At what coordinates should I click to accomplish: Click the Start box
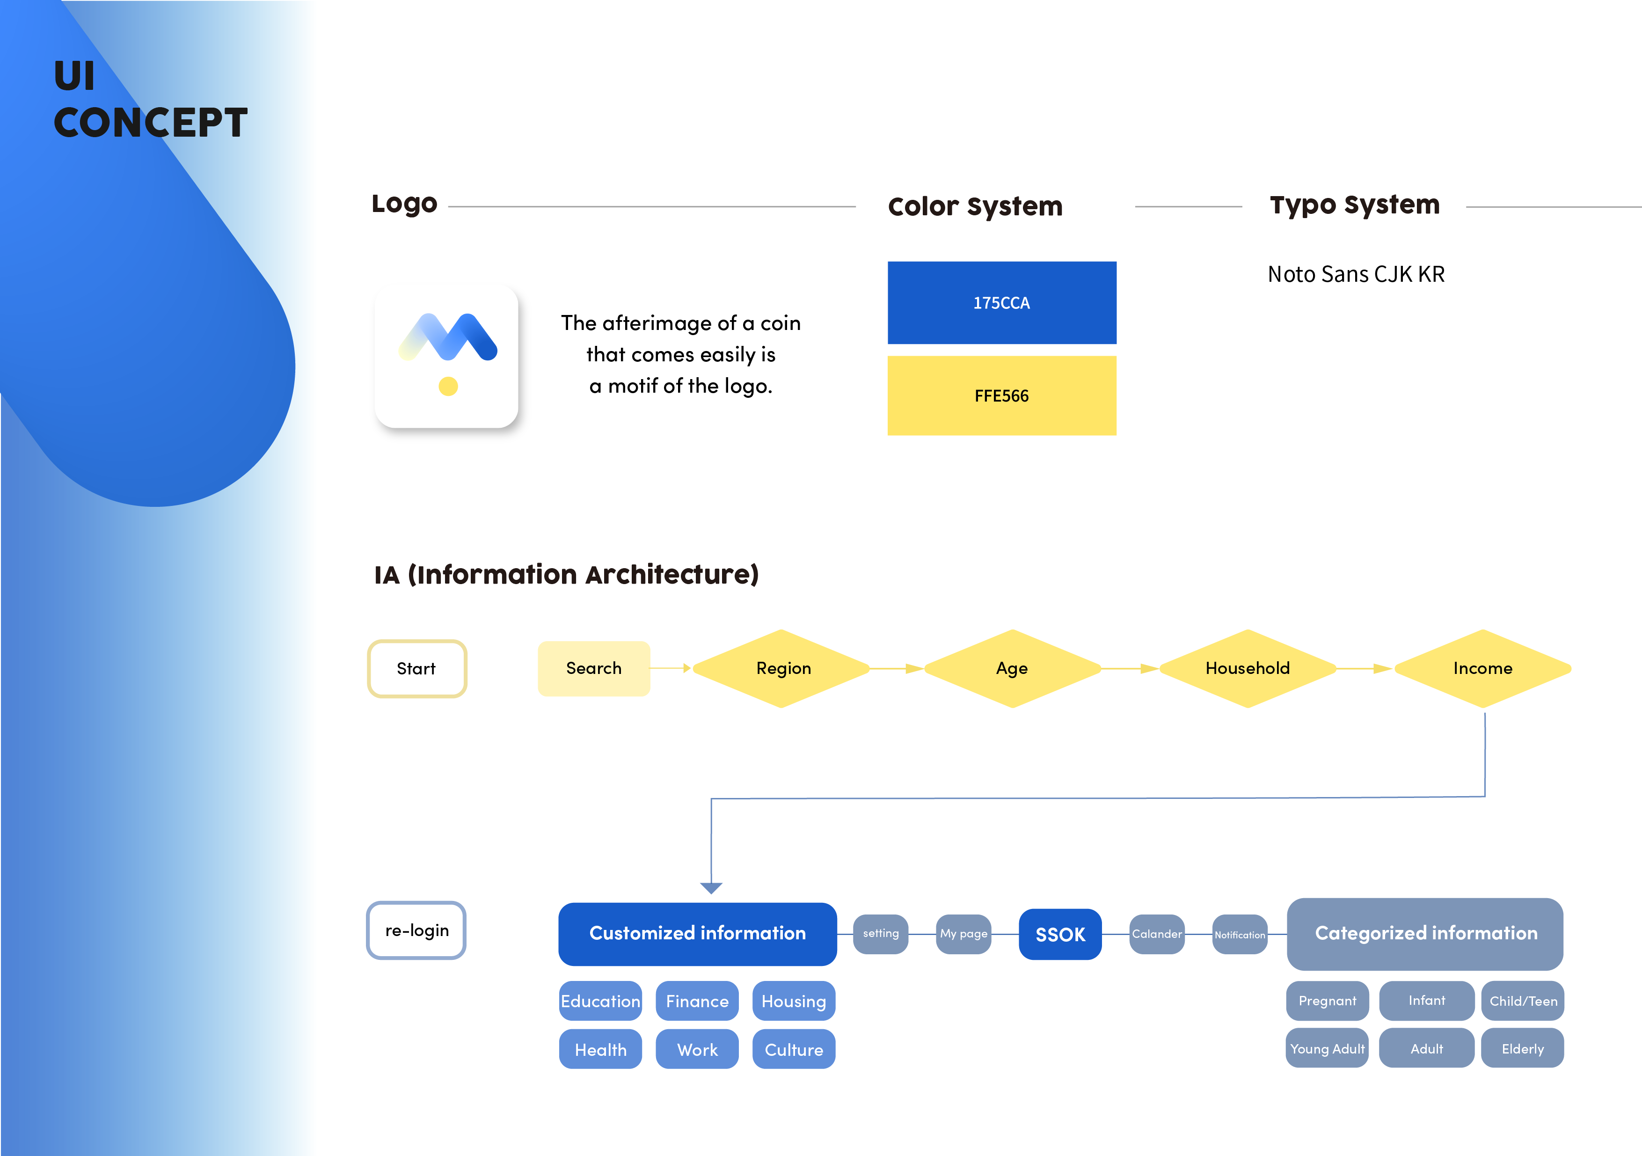[417, 668]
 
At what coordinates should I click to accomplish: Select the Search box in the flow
[593, 668]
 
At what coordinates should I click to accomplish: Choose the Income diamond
[1482, 668]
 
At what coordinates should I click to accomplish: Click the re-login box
[416, 930]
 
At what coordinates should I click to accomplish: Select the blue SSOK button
[1060, 934]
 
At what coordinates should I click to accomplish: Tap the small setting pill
[881, 934]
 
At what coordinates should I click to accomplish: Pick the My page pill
[964, 934]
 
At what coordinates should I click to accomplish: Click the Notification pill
[1240, 934]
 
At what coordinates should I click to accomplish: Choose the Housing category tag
[794, 1001]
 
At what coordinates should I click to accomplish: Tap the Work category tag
[697, 1049]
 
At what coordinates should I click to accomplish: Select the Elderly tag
[1523, 1049]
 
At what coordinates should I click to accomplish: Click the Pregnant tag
[1328, 1001]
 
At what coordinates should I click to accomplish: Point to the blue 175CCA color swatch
[1002, 303]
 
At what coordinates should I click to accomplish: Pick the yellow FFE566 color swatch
[1002, 395]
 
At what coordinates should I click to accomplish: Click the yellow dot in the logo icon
[448, 386]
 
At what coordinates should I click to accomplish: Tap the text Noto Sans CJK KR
[1356, 274]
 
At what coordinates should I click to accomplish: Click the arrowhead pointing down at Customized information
[711, 888]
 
